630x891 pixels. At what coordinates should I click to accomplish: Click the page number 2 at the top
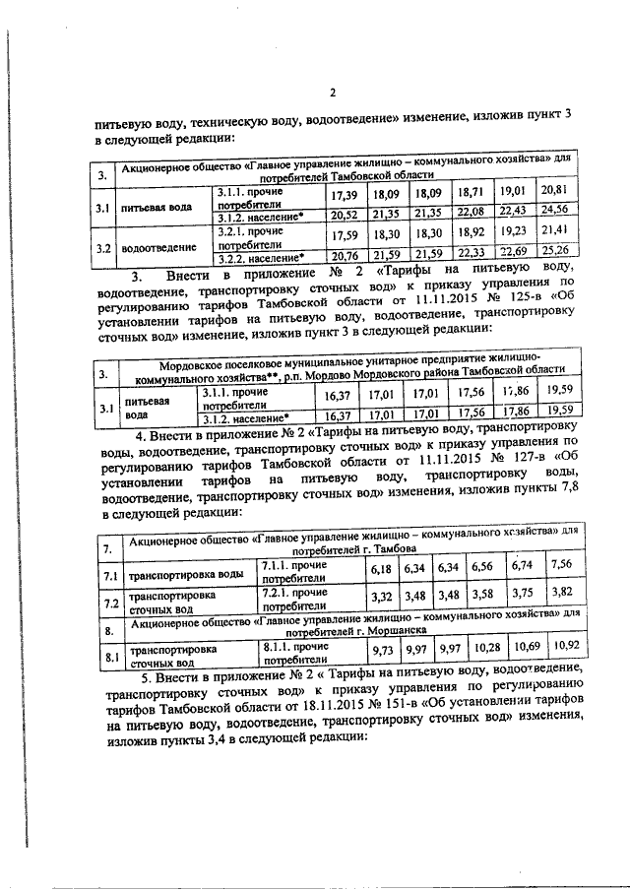click(x=333, y=95)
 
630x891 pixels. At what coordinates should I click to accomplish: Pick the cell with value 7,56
click(x=561, y=564)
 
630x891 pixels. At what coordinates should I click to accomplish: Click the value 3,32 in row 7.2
click(x=379, y=596)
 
